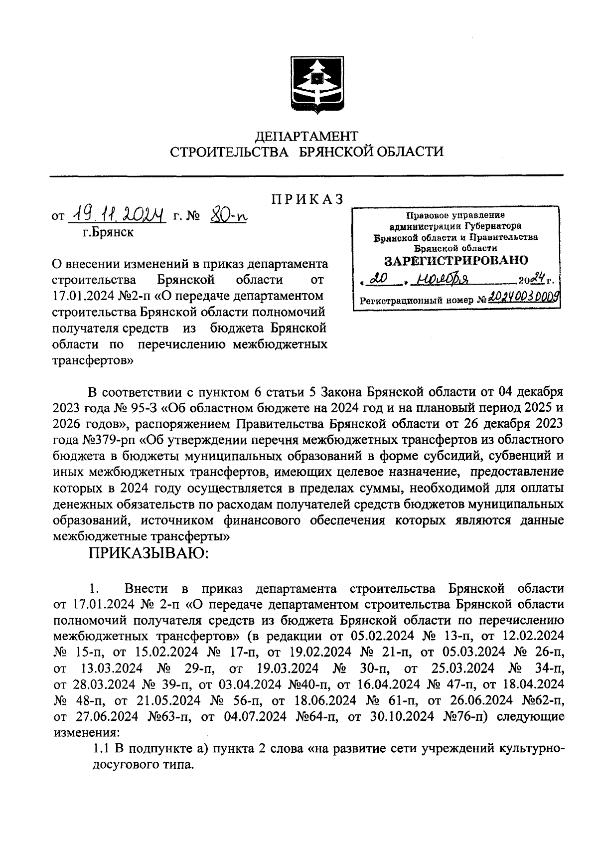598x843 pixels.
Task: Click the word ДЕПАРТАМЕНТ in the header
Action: click(306, 136)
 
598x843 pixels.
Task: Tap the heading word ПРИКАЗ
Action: click(307, 199)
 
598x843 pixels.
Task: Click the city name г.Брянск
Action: click(109, 232)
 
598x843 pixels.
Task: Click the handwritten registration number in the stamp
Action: click(522, 299)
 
